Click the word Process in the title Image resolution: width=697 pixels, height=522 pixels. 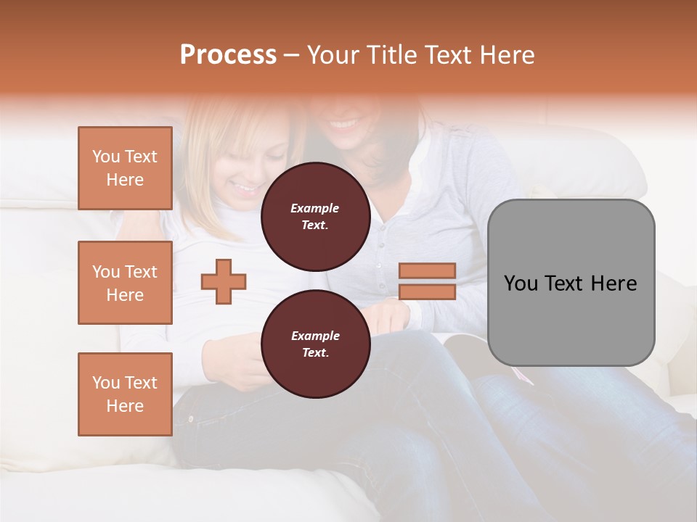(x=228, y=55)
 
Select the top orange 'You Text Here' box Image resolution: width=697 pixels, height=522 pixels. (x=125, y=168)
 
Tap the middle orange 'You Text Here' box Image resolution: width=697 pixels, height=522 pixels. (x=125, y=283)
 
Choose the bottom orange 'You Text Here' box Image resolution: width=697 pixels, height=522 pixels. (x=125, y=394)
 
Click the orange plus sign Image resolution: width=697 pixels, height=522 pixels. (x=224, y=281)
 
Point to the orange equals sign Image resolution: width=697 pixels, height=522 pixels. (x=427, y=281)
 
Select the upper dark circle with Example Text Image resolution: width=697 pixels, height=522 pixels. (x=315, y=216)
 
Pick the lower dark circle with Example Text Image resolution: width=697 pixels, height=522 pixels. (x=315, y=344)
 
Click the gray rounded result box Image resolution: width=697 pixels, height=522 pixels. (x=571, y=283)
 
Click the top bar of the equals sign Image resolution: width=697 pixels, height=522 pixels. (x=427, y=270)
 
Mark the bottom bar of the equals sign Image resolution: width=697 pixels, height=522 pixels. (x=427, y=292)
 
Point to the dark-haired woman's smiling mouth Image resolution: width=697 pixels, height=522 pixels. (x=344, y=124)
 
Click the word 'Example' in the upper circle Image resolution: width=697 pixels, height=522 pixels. (x=315, y=208)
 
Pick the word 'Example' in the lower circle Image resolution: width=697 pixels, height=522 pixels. (x=315, y=336)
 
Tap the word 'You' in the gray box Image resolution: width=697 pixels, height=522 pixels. (x=521, y=283)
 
